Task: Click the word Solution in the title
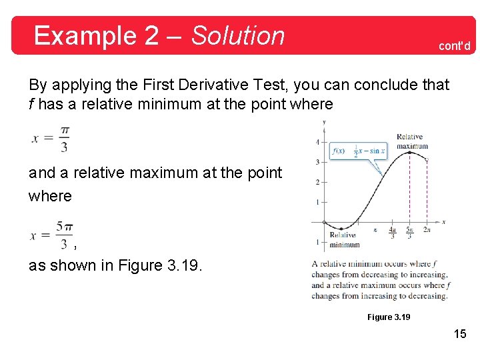(x=238, y=35)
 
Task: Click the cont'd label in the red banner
(x=454, y=46)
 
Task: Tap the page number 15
(x=460, y=333)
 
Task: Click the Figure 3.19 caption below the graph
(x=389, y=317)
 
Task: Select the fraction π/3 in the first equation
(x=64, y=139)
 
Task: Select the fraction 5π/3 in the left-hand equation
(x=64, y=235)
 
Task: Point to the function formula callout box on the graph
(x=359, y=151)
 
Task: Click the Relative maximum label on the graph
(x=412, y=142)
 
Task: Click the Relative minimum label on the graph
(x=343, y=239)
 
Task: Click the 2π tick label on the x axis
(x=427, y=230)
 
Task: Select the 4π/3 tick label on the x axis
(x=392, y=233)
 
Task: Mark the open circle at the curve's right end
(x=427, y=160)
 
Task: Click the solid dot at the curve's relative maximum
(x=409, y=152)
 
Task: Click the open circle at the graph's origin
(x=324, y=222)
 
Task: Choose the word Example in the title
(x=85, y=35)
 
